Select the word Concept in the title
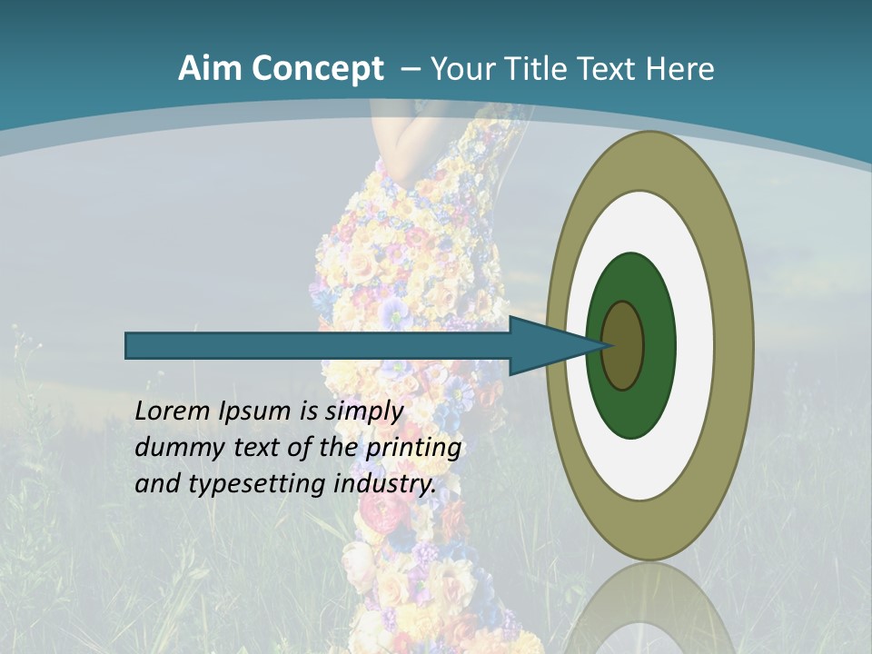coord(318,69)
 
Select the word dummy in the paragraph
coord(176,448)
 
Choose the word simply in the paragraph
coord(365,412)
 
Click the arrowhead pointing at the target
coord(554,345)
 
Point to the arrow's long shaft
coord(318,345)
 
